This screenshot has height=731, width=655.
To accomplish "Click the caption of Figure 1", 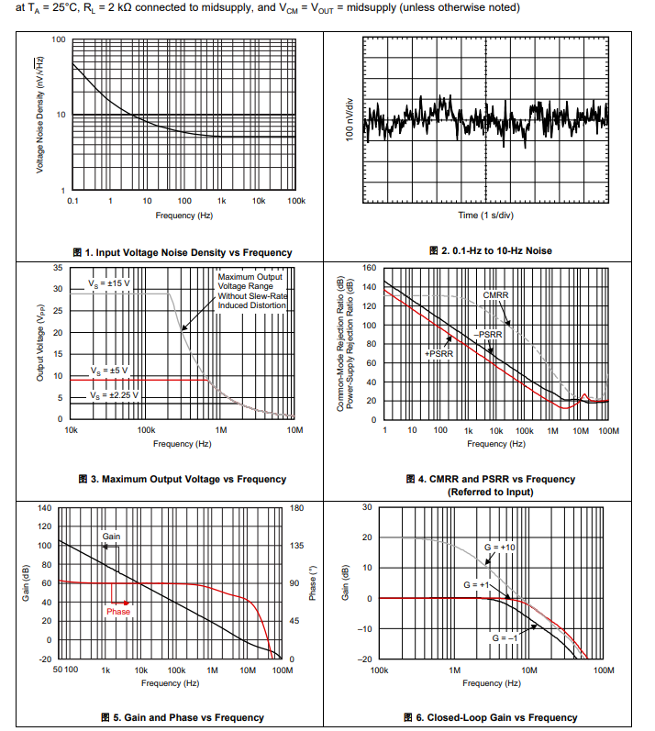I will click(183, 252).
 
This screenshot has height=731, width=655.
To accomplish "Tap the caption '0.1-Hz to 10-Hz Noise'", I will click(491, 250).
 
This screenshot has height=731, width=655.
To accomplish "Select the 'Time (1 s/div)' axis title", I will click(486, 216).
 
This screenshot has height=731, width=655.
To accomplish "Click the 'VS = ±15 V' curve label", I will click(110, 284).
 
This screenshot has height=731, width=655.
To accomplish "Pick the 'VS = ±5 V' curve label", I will click(109, 371).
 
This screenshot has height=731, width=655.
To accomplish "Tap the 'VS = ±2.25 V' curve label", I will click(114, 394).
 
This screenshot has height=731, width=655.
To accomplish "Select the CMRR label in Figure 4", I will click(495, 295).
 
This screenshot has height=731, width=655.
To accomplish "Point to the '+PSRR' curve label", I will click(439, 353).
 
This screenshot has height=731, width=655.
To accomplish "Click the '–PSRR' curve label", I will click(489, 335).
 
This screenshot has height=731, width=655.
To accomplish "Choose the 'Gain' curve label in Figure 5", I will click(111, 536).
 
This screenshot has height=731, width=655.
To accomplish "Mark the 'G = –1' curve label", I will click(508, 637).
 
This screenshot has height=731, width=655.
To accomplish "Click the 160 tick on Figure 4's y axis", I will click(370, 268).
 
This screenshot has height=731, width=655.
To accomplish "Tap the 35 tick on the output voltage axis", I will click(58, 268).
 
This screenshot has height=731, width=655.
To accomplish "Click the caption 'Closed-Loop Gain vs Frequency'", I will click(490, 717).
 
